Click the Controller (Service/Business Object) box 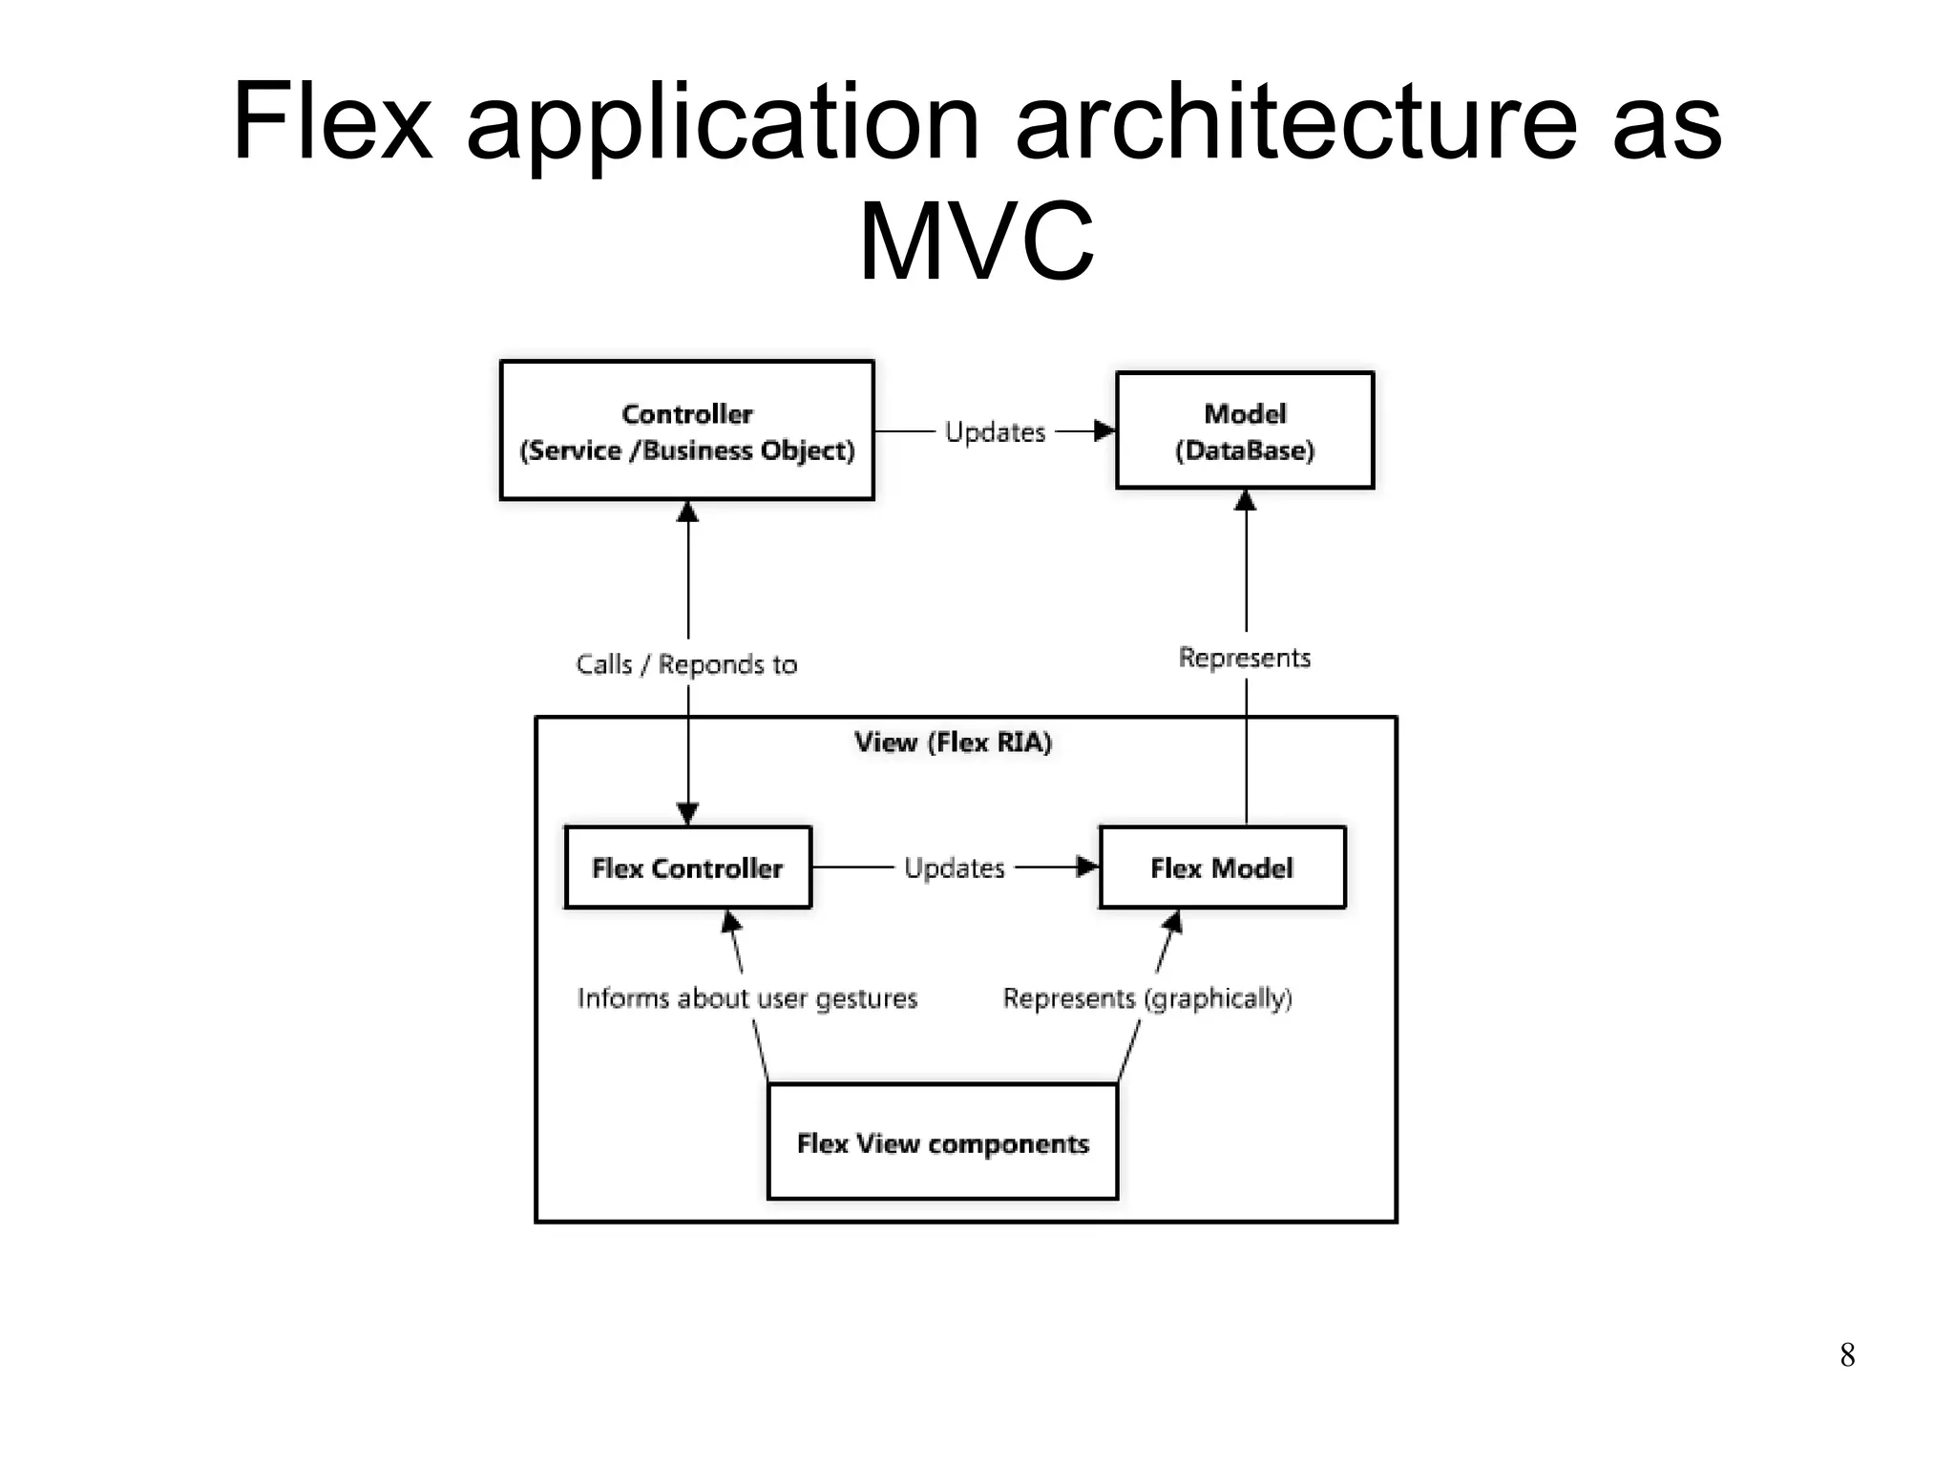[686, 430]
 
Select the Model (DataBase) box [1244, 430]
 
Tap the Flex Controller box [687, 868]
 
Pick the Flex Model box [1222, 868]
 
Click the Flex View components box [942, 1142]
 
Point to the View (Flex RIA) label [953, 743]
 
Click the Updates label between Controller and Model [995, 432]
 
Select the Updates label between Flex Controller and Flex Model [954, 868]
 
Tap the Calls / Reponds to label [686, 664]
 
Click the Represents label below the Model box [1244, 658]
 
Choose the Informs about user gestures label [746, 998]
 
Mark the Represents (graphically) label [1146, 998]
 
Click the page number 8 [1847, 1354]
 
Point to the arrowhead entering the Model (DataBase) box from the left [1104, 431]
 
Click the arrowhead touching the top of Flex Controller [687, 814]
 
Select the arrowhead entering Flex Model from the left [1087, 867]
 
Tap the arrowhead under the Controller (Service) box [687, 513]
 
